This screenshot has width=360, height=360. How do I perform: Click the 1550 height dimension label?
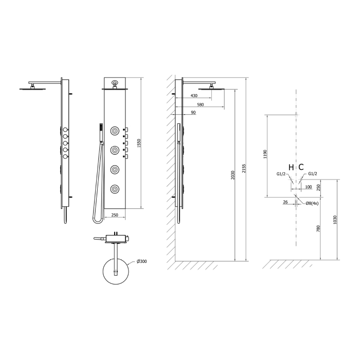coord(139,143)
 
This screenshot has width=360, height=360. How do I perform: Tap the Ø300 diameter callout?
coord(141,261)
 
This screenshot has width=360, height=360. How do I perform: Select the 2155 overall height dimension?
coord(244,169)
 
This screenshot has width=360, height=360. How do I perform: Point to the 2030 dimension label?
coord(233,175)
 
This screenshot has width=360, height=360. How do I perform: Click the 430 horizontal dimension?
coord(194,96)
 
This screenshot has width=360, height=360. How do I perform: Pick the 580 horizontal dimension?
coord(201,104)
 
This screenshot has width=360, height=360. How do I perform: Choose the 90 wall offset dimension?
coord(193,112)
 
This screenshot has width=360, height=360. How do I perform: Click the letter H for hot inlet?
coord(291,168)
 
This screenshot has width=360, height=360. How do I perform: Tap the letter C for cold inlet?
coord(301,167)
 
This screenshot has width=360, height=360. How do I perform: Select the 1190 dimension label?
coord(265,154)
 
